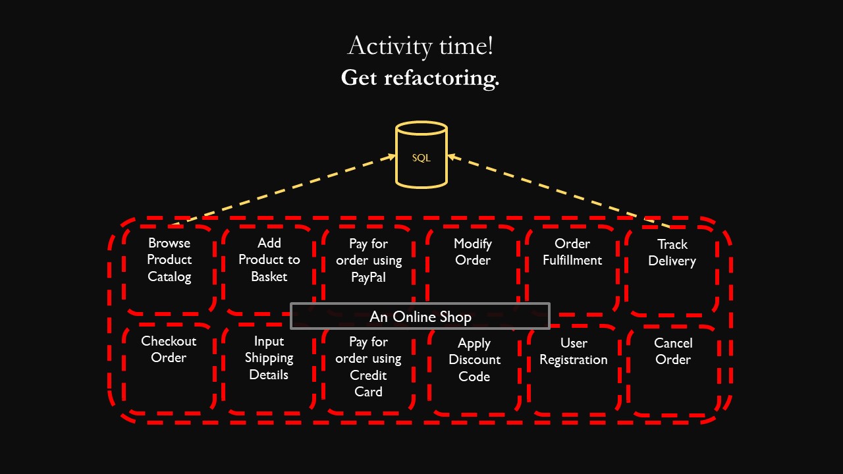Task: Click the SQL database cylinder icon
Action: coord(421,155)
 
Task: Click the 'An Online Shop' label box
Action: coord(420,317)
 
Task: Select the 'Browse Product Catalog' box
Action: coord(169,260)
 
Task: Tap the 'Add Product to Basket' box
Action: coord(269,260)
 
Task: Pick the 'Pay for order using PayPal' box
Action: coord(368,261)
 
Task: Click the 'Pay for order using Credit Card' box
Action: coord(368,367)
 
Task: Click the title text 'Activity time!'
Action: coord(420,46)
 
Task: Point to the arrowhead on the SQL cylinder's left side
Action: coord(391,157)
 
